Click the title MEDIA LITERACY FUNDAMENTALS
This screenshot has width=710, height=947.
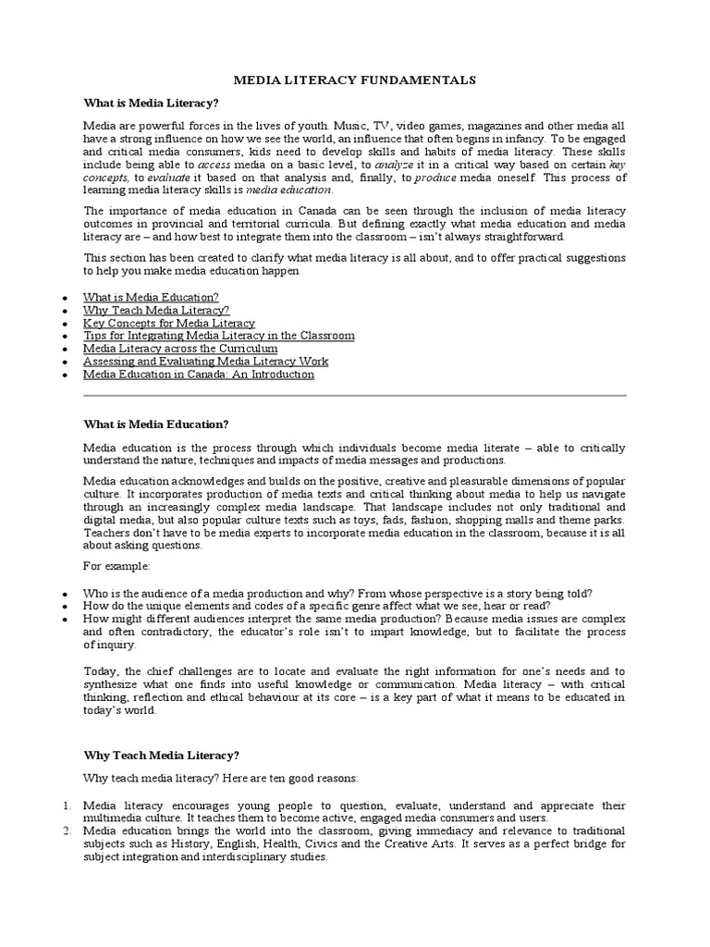click(x=355, y=80)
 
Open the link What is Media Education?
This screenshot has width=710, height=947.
click(x=151, y=298)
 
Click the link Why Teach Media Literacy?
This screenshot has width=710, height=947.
click(x=156, y=311)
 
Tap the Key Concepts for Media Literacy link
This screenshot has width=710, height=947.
click(x=168, y=324)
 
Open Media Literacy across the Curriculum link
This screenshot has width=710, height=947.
click(x=180, y=350)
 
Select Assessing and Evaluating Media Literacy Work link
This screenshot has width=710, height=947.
click(x=205, y=363)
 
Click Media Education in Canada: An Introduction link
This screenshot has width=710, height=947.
click(x=199, y=375)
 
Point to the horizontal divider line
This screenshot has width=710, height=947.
click(x=355, y=396)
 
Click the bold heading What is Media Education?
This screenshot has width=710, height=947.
click(x=155, y=424)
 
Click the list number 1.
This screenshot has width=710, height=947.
click(x=67, y=806)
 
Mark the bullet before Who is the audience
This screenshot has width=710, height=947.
click(x=63, y=594)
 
